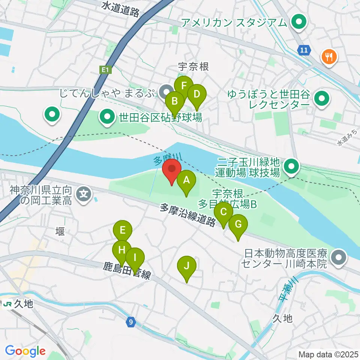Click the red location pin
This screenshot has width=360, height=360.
tap(172, 171)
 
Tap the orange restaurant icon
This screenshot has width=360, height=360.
tap(329, 57)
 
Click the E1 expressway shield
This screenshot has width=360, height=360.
tap(105, 70)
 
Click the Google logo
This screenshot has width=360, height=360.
tap(25, 351)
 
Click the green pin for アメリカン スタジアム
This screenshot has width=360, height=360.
tap(299, 22)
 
